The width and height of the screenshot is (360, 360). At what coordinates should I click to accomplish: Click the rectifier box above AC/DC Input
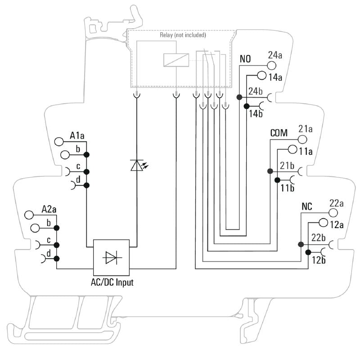pos(111,257)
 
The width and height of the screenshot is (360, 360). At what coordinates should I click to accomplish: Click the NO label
pos(245,59)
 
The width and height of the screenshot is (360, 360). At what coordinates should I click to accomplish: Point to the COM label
pos(279,133)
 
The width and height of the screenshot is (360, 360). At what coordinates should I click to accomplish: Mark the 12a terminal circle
pos(323,223)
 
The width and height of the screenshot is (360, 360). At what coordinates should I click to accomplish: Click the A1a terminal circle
pos(59,141)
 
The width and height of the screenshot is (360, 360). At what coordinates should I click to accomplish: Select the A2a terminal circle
pos(30,215)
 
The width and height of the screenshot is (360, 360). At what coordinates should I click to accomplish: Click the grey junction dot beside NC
pos(300,244)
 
